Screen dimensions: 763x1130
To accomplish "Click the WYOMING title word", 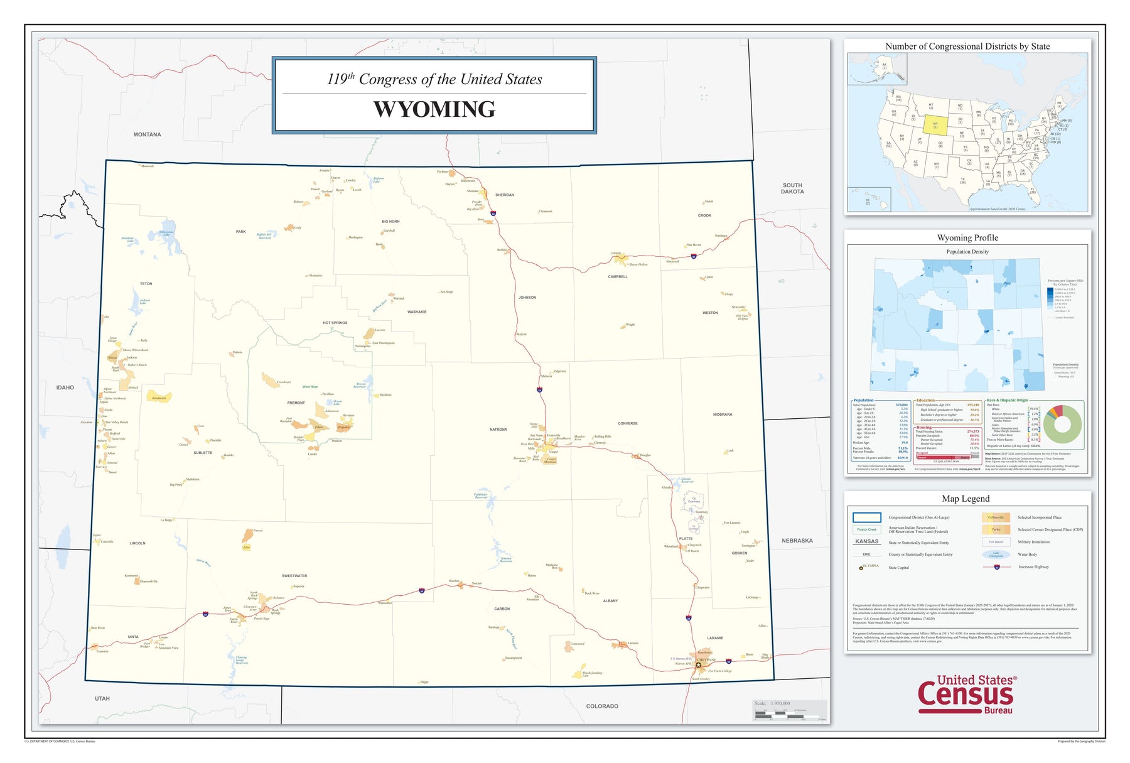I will click(x=434, y=109).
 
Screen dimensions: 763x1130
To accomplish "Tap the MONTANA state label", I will click(x=147, y=134).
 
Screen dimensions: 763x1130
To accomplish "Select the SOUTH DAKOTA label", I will click(x=792, y=188).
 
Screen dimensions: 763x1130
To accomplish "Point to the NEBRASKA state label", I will click(x=797, y=541).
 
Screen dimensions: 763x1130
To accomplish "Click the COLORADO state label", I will click(x=602, y=706).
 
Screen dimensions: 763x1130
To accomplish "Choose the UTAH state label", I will click(x=102, y=698).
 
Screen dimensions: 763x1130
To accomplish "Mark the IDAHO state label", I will click(x=65, y=387).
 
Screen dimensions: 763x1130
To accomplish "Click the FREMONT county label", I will click(x=296, y=403).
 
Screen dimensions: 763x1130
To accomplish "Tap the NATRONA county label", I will click(x=498, y=430).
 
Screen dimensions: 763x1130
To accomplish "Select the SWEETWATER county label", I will click(x=294, y=576).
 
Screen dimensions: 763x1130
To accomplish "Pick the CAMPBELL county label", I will click(x=617, y=276).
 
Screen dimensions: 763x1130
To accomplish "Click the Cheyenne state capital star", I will click(x=698, y=665).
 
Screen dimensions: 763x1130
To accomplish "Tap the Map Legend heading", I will click(x=966, y=499).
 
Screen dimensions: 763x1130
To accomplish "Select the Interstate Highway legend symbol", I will click(x=997, y=567).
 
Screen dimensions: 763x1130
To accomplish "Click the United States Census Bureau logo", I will click(x=966, y=694).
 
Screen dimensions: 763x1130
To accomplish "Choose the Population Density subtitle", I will click(x=967, y=252).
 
